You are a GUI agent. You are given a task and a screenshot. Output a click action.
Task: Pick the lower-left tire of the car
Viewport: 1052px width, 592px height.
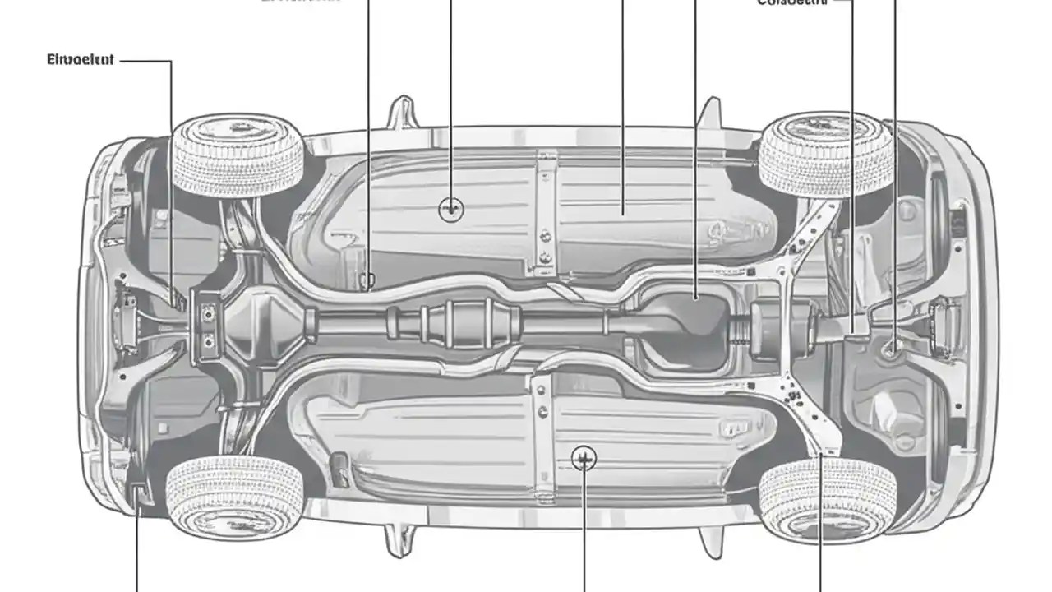[x=236, y=496]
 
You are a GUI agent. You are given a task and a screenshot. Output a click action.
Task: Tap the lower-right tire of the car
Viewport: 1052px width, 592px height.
[x=827, y=499]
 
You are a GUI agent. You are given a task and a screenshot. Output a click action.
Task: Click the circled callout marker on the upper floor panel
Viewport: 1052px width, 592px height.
[x=451, y=210]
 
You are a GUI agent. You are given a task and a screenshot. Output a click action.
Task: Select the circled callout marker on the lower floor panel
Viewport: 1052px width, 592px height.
[x=584, y=458]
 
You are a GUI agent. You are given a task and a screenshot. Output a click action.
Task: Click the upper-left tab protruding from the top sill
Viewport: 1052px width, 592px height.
[x=402, y=113]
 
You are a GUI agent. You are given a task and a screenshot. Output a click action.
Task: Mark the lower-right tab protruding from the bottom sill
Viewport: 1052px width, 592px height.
[x=708, y=540]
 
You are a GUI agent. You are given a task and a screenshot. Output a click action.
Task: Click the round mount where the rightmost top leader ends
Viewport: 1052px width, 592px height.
[x=892, y=349]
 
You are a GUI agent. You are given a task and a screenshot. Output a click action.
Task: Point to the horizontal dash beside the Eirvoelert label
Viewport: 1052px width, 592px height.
[x=146, y=60]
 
